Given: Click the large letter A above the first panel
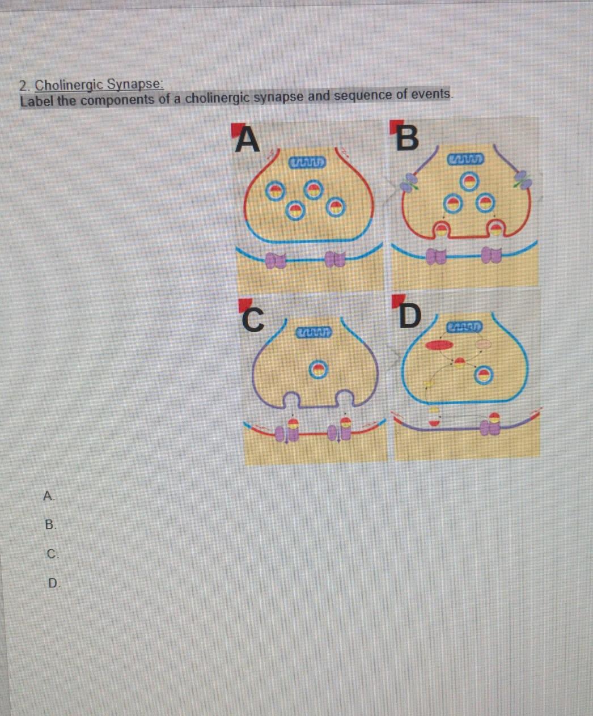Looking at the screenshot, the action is click(x=247, y=138).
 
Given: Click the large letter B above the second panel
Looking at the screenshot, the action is click(x=407, y=137).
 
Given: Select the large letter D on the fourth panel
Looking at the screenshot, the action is click(x=409, y=316).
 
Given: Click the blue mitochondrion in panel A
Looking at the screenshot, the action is click(x=307, y=162).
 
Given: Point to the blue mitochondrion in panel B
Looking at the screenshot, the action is click(x=466, y=159).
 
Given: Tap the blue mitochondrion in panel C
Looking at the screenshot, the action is click(x=314, y=332).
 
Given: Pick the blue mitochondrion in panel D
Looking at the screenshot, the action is click(x=464, y=326).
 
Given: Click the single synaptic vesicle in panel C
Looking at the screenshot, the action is click(x=318, y=370).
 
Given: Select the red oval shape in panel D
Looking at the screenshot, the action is click(x=439, y=345).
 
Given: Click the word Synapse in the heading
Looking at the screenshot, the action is click(x=135, y=84).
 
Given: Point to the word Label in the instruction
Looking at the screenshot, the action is click(x=37, y=101).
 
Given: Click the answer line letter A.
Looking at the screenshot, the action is click(x=48, y=496).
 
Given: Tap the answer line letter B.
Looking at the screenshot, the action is click(x=50, y=524).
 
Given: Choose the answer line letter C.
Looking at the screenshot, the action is click(x=52, y=554).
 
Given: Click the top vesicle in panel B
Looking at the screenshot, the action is click(x=468, y=181).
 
